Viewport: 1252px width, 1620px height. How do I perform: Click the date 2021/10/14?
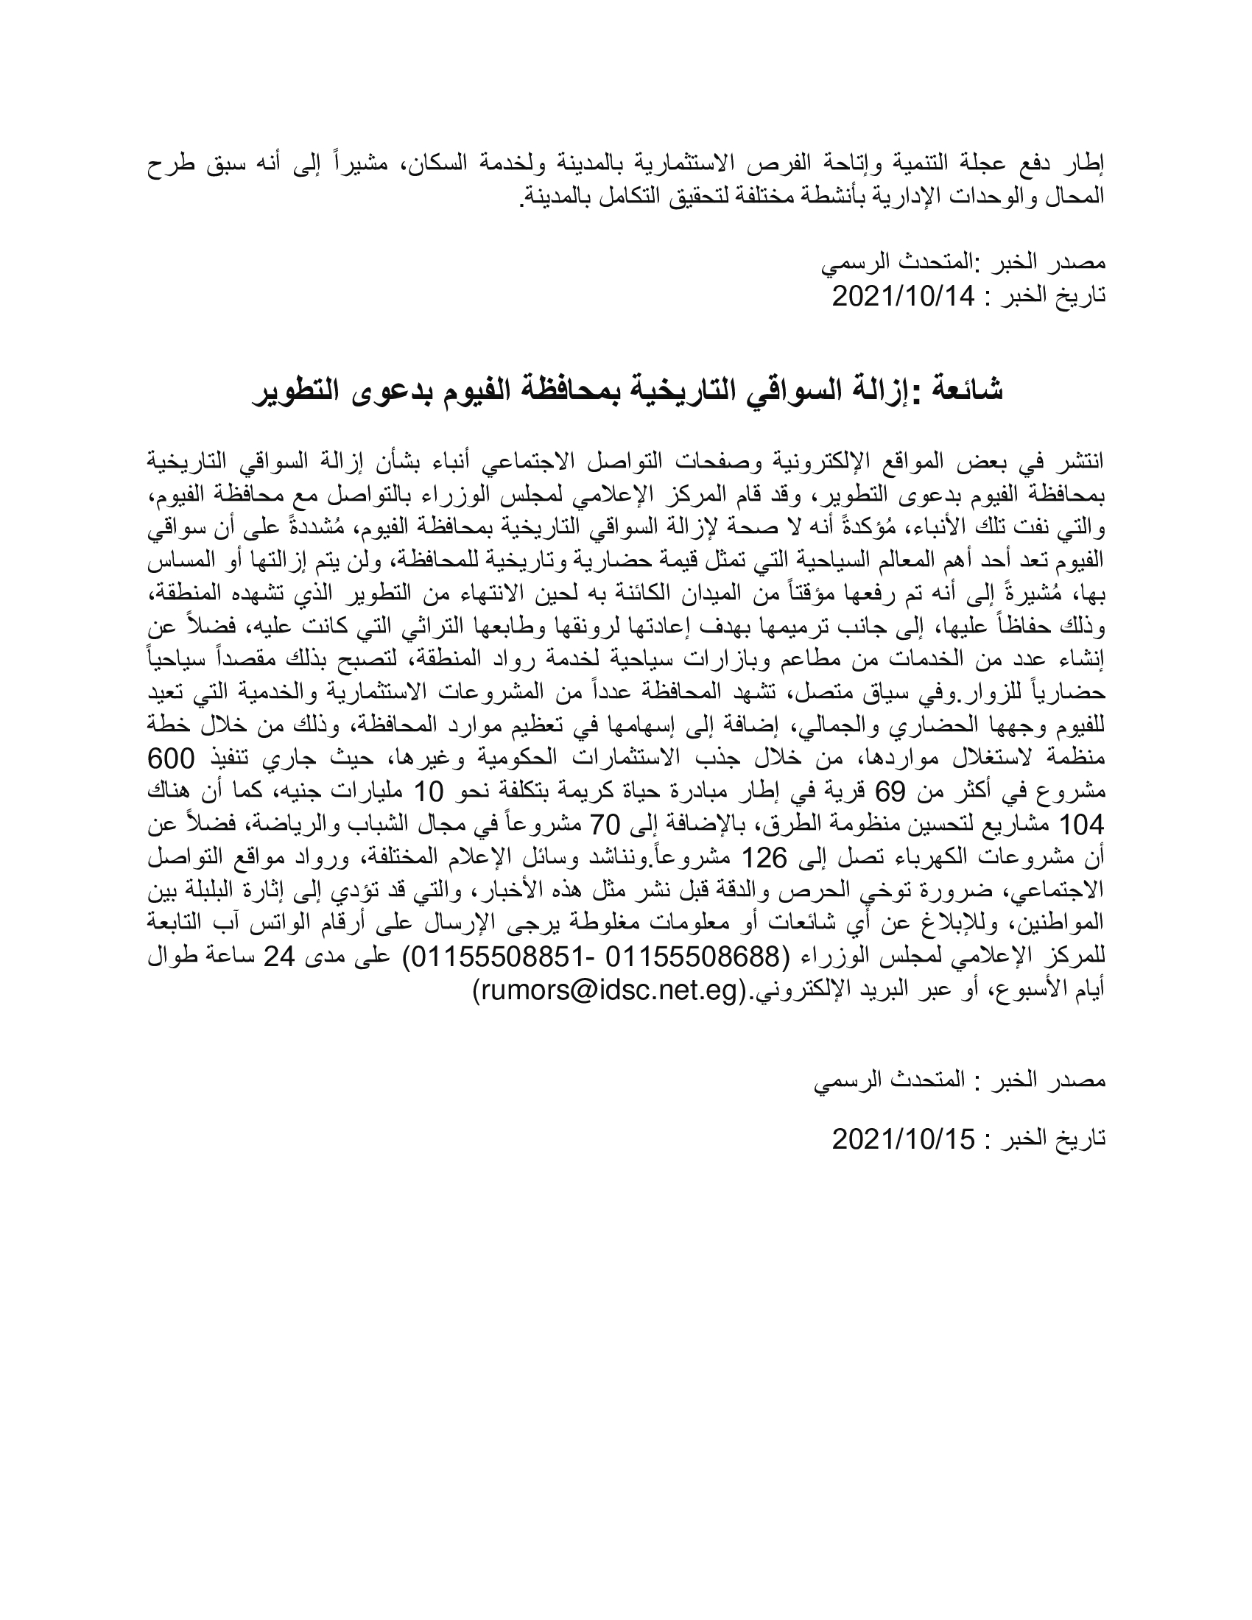pyautogui.click(x=902, y=297)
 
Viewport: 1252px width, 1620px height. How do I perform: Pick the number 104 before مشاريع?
pyautogui.click(x=1083, y=824)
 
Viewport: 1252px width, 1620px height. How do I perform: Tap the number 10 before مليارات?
pyautogui.click(x=428, y=792)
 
